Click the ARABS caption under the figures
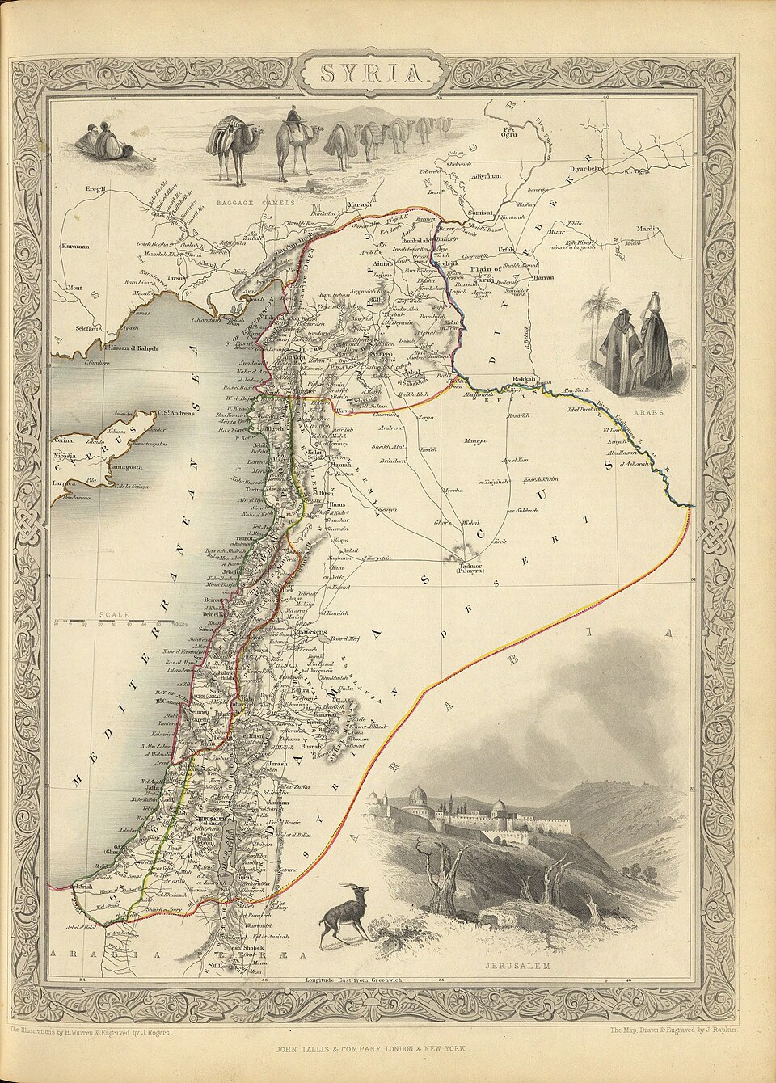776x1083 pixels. coord(648,412)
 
